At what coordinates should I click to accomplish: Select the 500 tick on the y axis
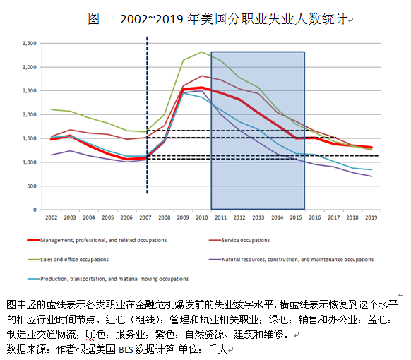[31, 186]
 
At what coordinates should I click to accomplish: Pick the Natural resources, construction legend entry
[297, 259]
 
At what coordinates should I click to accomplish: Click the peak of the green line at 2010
[202, 52]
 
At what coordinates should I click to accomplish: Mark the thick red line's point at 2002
[51, 140]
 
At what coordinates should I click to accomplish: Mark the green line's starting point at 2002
[51, 109]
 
